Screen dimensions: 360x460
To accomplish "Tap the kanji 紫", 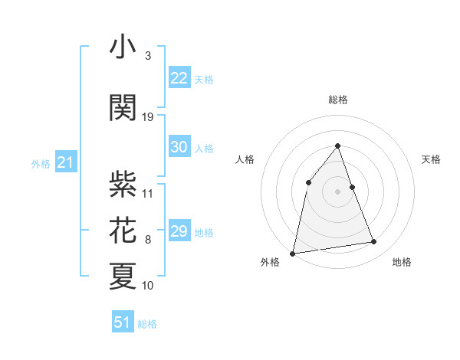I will [123, 185].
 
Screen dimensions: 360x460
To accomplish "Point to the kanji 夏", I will [123, 277].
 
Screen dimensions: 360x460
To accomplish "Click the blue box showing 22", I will [179, 78].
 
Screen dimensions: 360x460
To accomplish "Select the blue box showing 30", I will [179, 148].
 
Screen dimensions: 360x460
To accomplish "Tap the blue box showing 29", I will [179, 231].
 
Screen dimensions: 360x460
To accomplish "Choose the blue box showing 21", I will [65, 163].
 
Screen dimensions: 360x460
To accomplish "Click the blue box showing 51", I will [123, 322].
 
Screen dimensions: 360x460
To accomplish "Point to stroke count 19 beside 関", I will [148, 117].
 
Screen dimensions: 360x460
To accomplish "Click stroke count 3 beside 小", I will [148, 56].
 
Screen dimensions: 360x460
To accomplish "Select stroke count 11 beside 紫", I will [148, 193].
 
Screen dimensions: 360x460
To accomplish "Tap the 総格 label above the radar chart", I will [338, 100].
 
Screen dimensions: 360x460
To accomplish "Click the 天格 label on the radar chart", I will [431, 159].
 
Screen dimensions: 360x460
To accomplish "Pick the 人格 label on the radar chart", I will [245, 159].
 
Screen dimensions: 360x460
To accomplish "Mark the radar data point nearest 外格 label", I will [293, 253].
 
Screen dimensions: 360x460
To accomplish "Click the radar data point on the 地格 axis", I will [374, 242].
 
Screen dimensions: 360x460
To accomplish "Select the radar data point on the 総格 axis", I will [338, 146].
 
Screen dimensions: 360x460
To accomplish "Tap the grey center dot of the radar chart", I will [338, 191].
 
